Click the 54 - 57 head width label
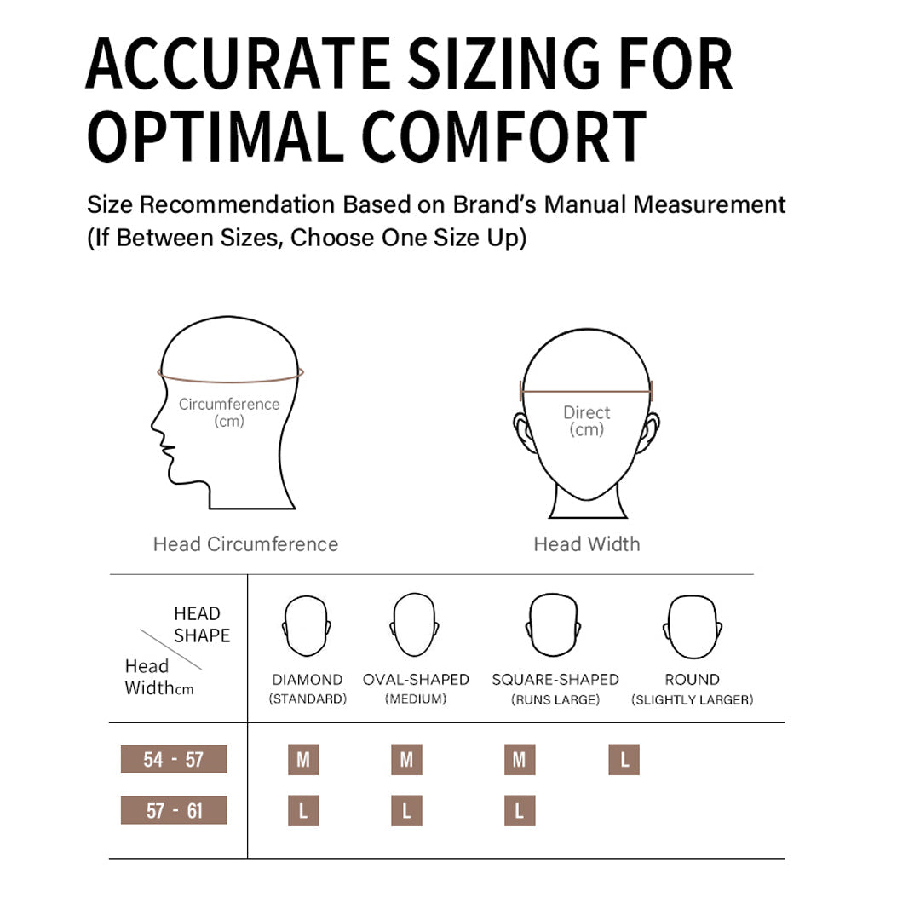[x=174, y=759]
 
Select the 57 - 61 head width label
[x=174, y=810]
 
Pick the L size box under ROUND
[x=624, y=760]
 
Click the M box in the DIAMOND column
[x=303, y=760]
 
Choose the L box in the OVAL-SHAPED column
[x=406, y=811]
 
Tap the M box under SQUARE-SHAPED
[x=520, y=760]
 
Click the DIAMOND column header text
[x=308, y=680]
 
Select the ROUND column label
[x=693, y=680]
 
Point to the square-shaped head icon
[x=554, y=625]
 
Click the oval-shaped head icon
[x=415, y=625]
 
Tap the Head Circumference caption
[x=246, y=543]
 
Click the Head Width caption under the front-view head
[x=587, y=543]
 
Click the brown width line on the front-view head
[x=586, y=391]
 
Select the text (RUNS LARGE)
[x=555, y=699]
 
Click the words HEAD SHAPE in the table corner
[x=202, y=624]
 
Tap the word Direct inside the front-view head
[x=587, y=412]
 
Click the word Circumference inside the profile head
[x=229, y=405]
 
